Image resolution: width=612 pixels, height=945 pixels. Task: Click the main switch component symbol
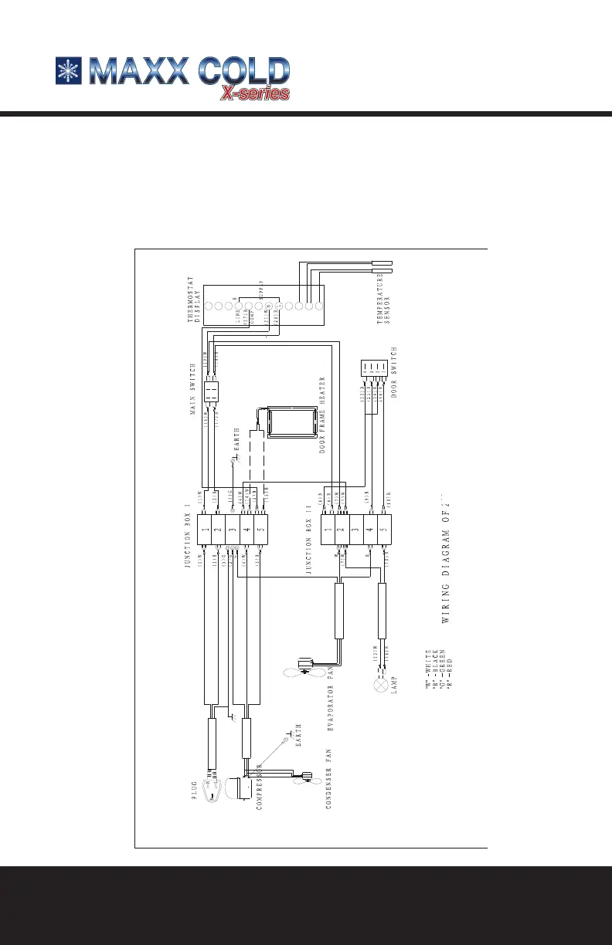click(x=212, y=393)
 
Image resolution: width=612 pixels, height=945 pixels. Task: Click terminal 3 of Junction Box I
click(x=233, y=530)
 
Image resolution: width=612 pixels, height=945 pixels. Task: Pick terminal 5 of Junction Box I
click(x=260, y=530)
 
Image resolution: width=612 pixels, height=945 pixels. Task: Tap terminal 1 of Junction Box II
click(x=328, y=530)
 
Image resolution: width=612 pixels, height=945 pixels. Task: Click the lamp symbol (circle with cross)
click(x=379, y=686)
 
